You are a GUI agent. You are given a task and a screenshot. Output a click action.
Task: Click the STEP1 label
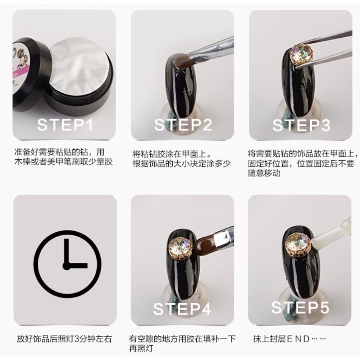[65, 124]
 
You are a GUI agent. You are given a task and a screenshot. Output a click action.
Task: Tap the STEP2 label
[183, 125]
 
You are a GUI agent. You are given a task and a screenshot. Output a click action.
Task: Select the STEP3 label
[301, 125]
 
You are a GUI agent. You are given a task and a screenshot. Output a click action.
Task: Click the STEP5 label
[300, 307]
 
